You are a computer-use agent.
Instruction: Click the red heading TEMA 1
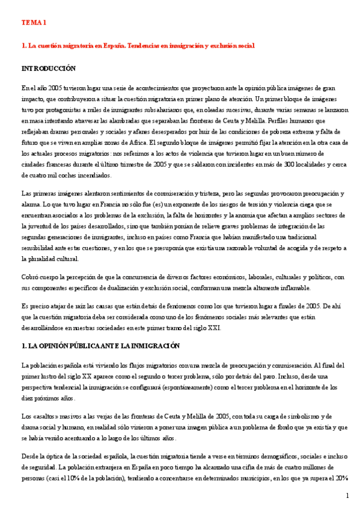tap(34, 22)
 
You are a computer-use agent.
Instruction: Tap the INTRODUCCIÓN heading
tap(49, 69)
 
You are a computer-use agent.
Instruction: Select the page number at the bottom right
tap(347, 496)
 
